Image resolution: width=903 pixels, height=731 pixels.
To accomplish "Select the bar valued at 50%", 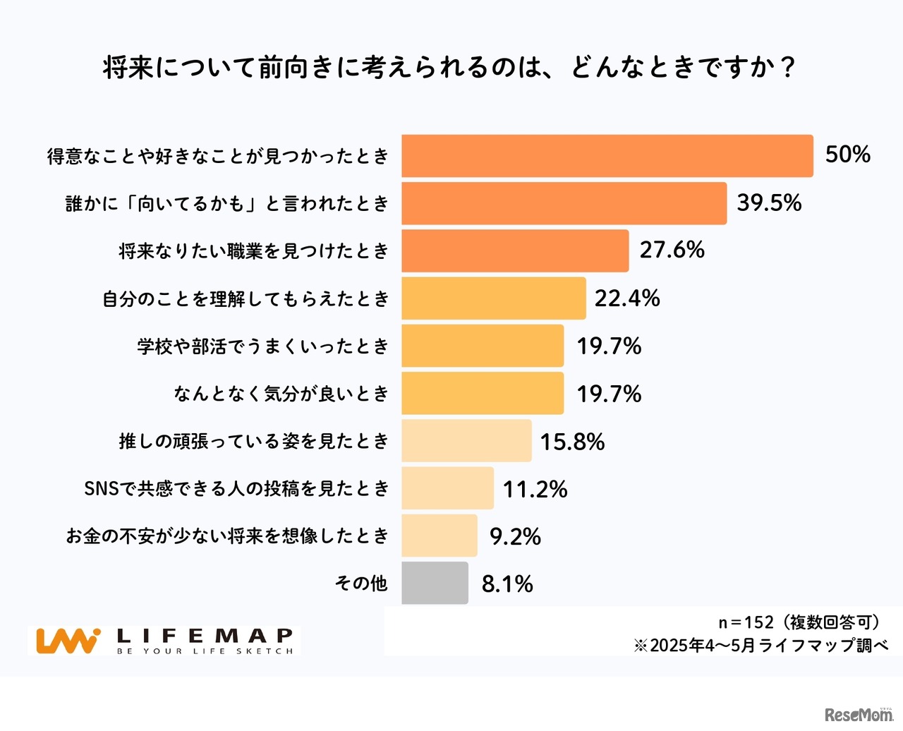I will click(x=607, y=156).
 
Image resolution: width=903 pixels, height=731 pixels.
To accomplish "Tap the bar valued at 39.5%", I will click(x=564, y=203).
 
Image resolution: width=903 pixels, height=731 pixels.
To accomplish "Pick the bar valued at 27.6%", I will click(x=515, y=250).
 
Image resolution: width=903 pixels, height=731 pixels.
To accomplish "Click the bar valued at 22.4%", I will click(x=493, y=298).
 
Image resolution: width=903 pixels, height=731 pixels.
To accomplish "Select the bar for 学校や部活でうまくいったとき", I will click(x=483, y=346).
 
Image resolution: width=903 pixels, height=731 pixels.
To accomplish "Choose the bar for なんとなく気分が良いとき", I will click(x=483, y=393).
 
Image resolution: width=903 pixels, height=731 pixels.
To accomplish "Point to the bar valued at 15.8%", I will click(x=466, y=441).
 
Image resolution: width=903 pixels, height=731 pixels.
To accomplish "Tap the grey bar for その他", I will click(x=435, y=583).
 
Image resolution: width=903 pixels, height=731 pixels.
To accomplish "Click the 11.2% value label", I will click(x=535, y=489).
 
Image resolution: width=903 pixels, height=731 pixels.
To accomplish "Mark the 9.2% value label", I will click(x=515, y=536).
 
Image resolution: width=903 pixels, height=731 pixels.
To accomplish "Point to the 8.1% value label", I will click(x=507, y=584).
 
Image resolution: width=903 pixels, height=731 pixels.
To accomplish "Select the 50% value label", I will click(x=847, y=155).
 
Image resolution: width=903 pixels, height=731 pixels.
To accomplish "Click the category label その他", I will click(x=361, y=583).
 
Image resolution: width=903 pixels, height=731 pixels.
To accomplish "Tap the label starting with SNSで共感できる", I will click(x=236, y=488).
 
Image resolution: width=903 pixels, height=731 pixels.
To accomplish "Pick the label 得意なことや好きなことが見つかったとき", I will click(x=218, y=156).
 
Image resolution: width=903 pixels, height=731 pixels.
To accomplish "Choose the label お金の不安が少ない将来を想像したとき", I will click(x=227, y=536).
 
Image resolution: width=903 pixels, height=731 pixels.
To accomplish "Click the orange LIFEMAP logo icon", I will click(x=68, y=641).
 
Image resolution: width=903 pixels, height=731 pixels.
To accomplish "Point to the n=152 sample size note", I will click(x=799, y=622).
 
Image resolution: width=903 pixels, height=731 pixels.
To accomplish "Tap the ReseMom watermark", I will click(x=859, y=714).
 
